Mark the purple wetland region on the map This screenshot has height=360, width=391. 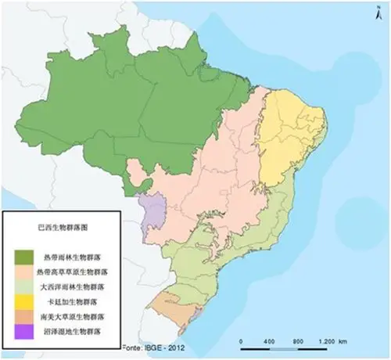[x=152, y=212]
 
